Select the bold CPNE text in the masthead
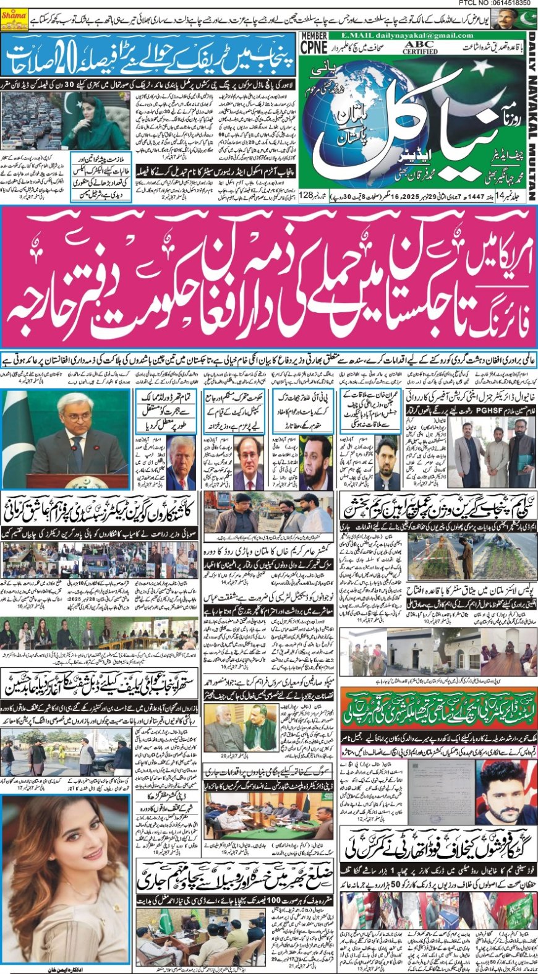[314, 49]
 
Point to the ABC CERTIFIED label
[420, 48]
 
